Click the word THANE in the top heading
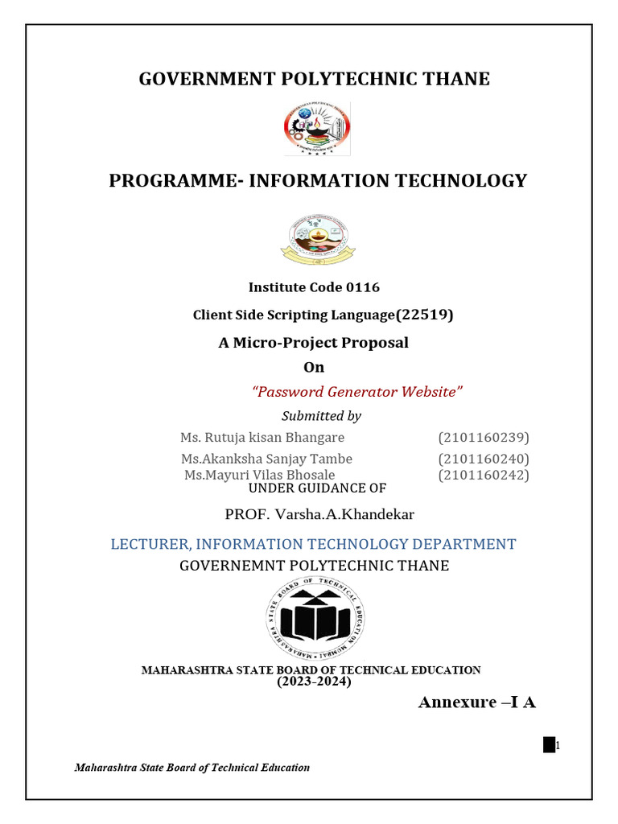455,79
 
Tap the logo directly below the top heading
316,129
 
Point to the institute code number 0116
363,287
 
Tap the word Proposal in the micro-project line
375,343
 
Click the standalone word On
313,368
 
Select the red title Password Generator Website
358,392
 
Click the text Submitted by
321,416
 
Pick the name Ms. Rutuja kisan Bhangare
262,438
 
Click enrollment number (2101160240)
484,459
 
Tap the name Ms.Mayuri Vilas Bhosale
259,476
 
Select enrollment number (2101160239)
484,438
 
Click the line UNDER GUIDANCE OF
316,488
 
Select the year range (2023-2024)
315,682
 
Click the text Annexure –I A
476,702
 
